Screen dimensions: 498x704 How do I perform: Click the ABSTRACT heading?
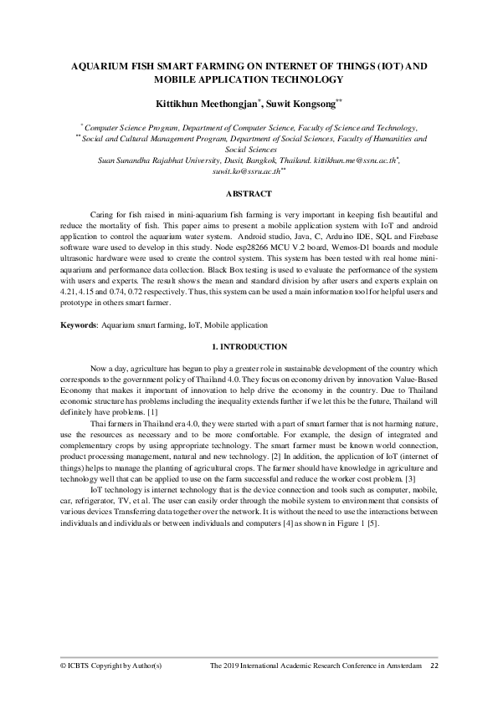(x=249, y=193)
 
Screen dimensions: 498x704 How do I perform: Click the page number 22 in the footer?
(x=434, y=666)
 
